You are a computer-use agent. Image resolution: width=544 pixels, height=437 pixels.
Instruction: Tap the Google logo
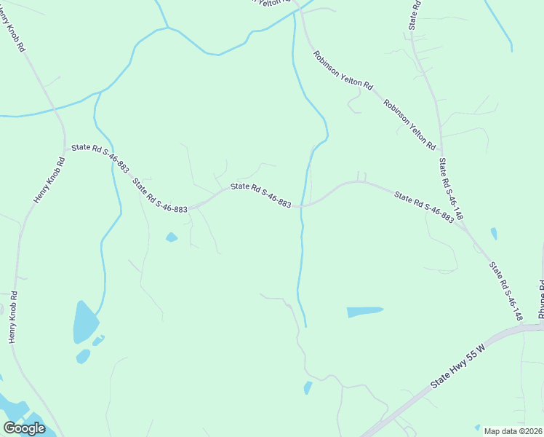click(24, 428)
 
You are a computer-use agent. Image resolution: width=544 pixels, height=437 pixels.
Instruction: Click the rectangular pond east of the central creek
click(364, 312)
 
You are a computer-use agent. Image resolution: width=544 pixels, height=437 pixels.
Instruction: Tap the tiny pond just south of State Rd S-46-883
click(172, 237)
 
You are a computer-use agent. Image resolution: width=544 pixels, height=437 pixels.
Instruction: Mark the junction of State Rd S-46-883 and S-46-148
click(463, 225)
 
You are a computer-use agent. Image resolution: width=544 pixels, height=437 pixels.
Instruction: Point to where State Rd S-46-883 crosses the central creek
click(301, 206)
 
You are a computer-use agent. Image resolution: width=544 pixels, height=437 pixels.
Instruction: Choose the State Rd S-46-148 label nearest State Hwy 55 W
click(505, 291)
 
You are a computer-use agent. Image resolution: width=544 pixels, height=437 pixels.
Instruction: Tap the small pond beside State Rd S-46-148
click(494, 233)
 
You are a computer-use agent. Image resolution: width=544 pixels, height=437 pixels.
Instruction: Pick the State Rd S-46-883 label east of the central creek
click(424, 206)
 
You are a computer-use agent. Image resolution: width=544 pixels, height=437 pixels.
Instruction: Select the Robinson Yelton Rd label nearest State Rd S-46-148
click(409, 125)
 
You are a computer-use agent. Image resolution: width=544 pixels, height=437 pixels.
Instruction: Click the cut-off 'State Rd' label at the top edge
click(415, 15)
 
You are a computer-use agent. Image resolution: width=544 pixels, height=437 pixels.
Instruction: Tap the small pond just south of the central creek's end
click(308, 387)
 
